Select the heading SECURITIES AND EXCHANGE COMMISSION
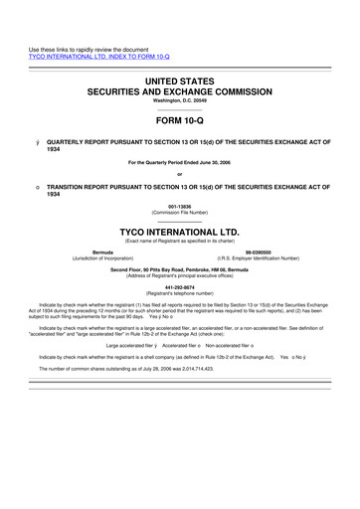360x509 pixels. point(180,89)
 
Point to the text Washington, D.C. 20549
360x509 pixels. point(180,100)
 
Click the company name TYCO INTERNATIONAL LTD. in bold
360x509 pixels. point(180,228)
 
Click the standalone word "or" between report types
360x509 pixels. point(180,176)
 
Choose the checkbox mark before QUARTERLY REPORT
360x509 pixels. point(36,142)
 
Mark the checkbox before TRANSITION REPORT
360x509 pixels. point(36,187)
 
